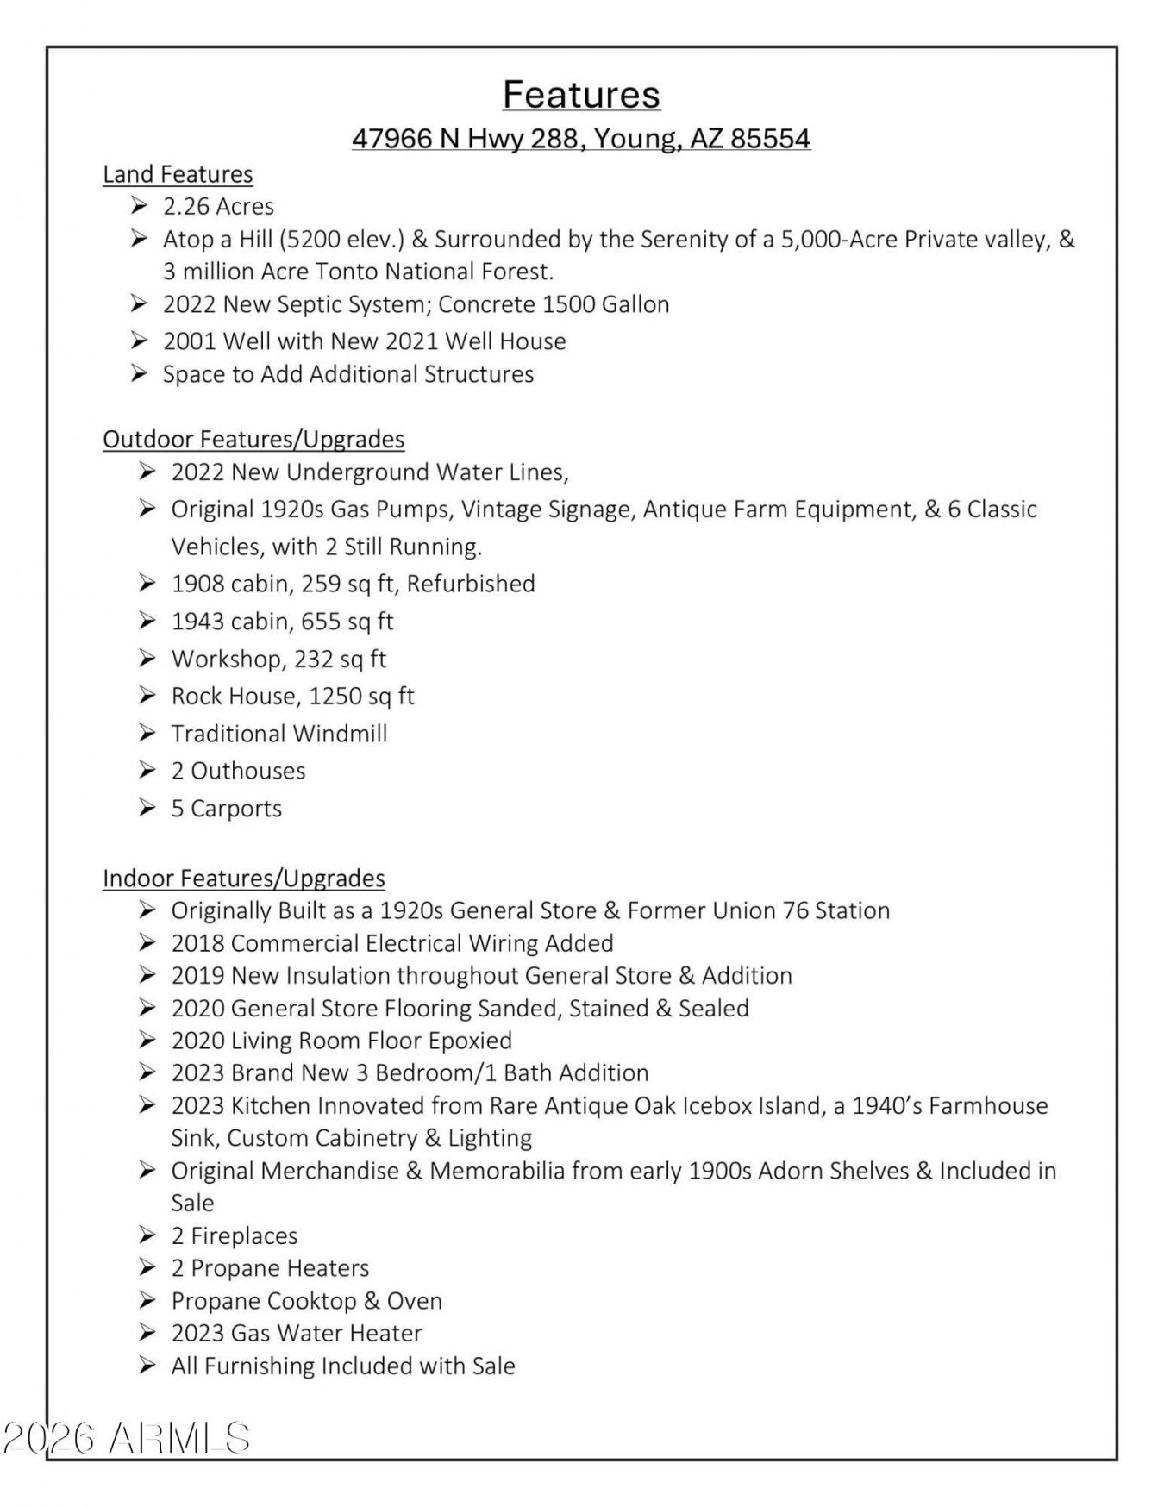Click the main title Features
pyautogui.click(x=581, y=94)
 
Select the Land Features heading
pyautogui.click(x=178, y=174)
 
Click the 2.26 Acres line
pyautogui.click(x=218, y=207)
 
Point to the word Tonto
pyautogui.click(x=347, y=272)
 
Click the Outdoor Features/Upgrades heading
pyautogui.click(x=253, y=440)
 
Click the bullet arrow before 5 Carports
pyautogui.click(x=147, y=808)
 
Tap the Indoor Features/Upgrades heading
pyautogui.click(x=244, y=879)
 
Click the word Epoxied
pyautogui.click(x=470, y=1041)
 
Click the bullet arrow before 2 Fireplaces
pyautogui.click(x=147, y=1235)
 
